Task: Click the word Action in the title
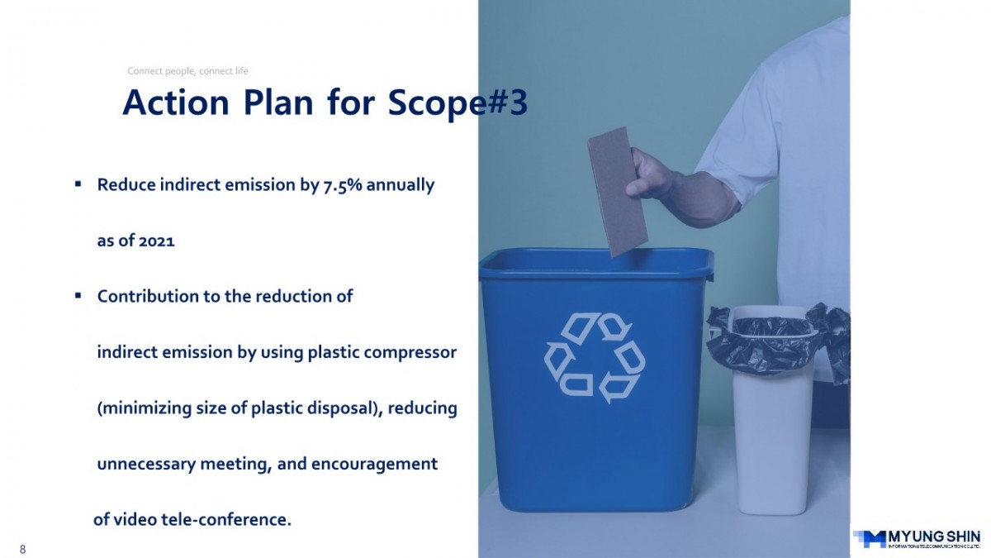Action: (176, 103)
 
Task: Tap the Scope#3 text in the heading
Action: (458, 103)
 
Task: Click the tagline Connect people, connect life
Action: (187, 71)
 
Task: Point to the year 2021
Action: (157, 241)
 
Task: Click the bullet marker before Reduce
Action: (78, 184)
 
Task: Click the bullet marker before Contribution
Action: (78, 295)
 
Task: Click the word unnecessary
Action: (146, 465)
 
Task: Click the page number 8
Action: (22, 549)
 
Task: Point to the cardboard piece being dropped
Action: (618, 191)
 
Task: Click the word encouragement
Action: (374, 465)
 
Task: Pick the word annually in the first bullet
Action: (401, 185)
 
